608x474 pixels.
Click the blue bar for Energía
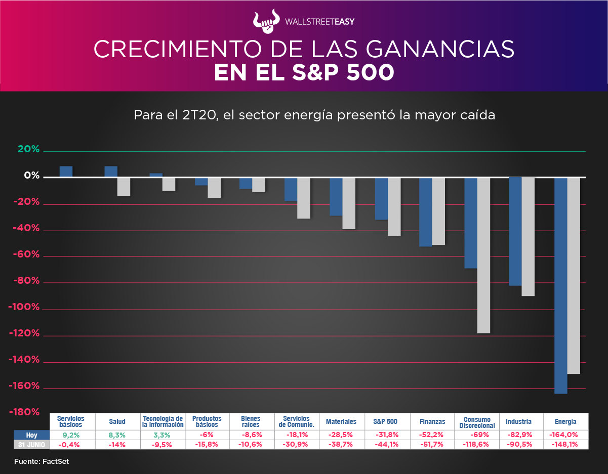pyautogui.click(x=560, y=285)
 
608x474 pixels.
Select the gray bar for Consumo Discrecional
pyautogui.click(x=483, y=255)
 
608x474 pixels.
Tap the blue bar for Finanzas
pyautogui.click(x=425, y=212)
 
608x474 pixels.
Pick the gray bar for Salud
pyautogui.click(x=124, y=187)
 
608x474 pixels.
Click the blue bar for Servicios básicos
pyautogui.click(x=66, y=171)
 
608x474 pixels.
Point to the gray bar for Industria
pyautogui.click(x=528, y=236)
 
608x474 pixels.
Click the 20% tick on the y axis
pyautogui.click(x=28, y=150)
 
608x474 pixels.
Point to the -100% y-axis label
pyautogui.click(x=24, y=308)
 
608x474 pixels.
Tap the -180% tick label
pyautogui.click(x=24, y=412)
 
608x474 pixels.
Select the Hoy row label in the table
pyautogui.click(x=31, y=435)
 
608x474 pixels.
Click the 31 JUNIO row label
pyautogui.click(x=31, y=445)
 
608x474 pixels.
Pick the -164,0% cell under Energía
pyautogui.click(x=565, y=435)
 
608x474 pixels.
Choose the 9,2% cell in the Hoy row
pyautogui.click(x=70, y=435)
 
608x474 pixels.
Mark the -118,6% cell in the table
pyautogui.click(x=476, y=445)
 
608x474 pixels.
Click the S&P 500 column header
pyautogui.click(x=385, y=421)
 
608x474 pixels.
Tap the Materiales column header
pyautogui.click(x=341, y=421)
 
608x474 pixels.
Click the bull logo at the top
pyautogui.click(x=266, y=20)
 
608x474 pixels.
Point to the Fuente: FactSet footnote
pyautogui.click(x=40, y=462)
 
